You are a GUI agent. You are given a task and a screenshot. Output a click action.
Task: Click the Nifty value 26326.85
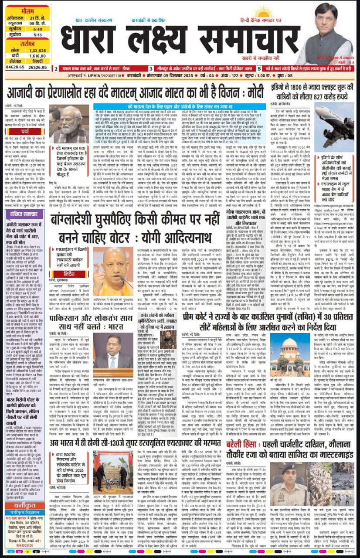[x=37, y=68]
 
